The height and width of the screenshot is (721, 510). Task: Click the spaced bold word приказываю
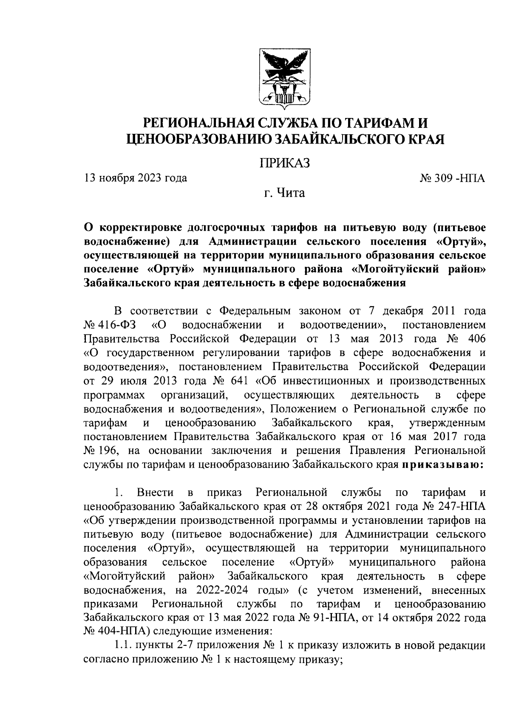click(444, 465)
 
